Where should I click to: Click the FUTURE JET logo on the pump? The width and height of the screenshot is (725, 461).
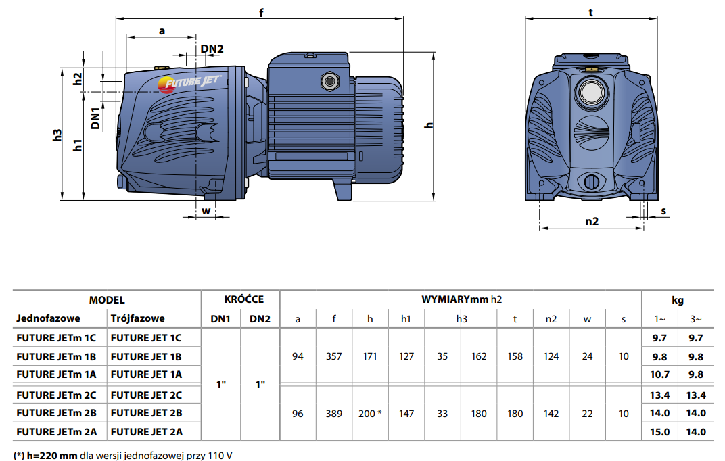click(189, 83)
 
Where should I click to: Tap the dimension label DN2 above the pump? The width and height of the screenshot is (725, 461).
click(212, 49)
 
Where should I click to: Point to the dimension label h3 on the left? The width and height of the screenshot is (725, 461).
click(57, 135)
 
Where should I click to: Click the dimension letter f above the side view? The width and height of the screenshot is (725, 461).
click(261, 12)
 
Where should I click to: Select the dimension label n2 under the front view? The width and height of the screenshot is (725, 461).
click(592, 221)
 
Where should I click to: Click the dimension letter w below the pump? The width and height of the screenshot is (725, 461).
click(206, 211)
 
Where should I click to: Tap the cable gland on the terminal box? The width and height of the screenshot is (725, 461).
click(329, 82)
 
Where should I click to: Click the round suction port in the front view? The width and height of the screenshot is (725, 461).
click(591, 93)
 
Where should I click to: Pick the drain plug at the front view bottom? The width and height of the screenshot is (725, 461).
click(591, 181)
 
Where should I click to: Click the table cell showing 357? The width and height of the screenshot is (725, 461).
click(334, 356)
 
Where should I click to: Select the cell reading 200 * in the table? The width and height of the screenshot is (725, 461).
click(370, 414)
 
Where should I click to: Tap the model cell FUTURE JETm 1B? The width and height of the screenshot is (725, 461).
click(56, 357)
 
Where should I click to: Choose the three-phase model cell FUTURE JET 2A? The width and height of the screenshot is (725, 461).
click(147, 432)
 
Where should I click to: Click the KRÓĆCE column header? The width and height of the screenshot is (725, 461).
click(244, 299)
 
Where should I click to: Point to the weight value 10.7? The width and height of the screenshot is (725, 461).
click(660, 374)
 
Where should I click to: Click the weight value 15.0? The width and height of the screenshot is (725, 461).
click(660, 432)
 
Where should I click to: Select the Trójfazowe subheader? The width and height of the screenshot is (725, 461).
click(138, 318)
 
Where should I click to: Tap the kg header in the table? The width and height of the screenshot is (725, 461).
click(678, 300)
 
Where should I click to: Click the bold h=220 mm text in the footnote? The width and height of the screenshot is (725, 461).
click(52, 456)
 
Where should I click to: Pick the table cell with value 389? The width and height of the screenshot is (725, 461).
click(334, 414)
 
